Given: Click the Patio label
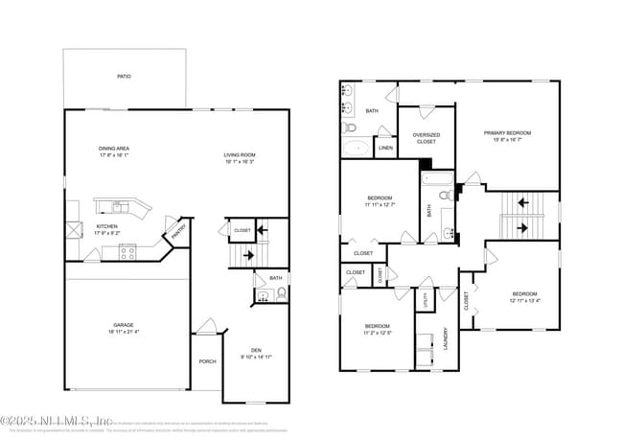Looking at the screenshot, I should point(124,76).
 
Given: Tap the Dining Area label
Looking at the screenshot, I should point(113,149).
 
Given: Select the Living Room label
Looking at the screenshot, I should point(240,154).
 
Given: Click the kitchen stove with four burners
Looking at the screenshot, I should point(127,252).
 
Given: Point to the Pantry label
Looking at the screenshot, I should point(178,232).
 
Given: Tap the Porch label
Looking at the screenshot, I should point(207,361).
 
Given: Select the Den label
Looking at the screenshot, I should point(256,350).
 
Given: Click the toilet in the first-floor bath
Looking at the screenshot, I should point(281,293).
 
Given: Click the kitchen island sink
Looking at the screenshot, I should point(117,206).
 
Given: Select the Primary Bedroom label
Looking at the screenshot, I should point(507,133).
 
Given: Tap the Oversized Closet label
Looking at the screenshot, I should point(427,138).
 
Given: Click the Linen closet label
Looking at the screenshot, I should point(385,148).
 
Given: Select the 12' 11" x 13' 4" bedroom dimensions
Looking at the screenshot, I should point(524,300).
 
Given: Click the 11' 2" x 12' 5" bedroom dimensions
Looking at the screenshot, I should point(378,333).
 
